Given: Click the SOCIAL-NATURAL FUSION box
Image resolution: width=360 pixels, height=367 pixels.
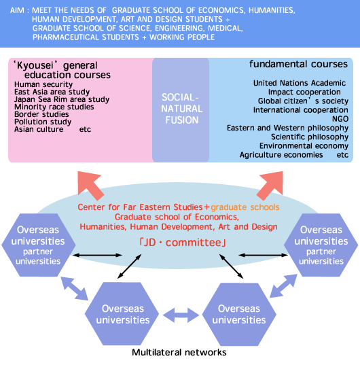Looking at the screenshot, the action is (181, 110).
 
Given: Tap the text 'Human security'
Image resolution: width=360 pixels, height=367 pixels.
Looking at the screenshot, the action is (43, 84).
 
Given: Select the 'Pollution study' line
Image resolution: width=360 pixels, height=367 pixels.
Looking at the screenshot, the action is (43, 122).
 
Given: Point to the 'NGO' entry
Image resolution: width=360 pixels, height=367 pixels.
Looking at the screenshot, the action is (340, 119).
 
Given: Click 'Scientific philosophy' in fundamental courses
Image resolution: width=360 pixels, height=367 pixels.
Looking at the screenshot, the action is (310, 137).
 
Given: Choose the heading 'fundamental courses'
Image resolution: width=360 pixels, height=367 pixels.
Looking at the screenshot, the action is (298, 64).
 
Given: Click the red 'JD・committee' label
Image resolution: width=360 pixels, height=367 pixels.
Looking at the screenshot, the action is (183, 243).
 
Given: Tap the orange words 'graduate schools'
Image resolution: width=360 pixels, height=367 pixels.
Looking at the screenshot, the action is (245, 207).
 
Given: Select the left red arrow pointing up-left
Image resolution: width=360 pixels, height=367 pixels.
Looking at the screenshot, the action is (90, 185).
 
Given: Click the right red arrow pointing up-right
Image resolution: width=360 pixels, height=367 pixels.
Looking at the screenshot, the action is (271, 185).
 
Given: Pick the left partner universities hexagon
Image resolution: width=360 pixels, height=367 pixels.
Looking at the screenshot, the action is (39, 245).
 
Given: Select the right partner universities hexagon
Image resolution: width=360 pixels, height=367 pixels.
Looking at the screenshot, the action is (321, 245).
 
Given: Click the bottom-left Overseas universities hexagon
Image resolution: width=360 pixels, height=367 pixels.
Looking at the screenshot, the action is (122, 313).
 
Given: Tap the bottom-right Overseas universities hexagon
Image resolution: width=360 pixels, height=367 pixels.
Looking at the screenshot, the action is (239, 314).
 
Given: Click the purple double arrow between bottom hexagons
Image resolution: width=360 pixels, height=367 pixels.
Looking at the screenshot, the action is (181, 315).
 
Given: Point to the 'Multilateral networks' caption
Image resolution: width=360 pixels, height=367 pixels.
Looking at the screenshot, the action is (179, 352).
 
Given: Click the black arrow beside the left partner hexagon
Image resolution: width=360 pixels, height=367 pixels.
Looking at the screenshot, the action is (97, 255).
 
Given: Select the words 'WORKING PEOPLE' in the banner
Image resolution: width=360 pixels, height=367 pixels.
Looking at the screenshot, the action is (182, 37).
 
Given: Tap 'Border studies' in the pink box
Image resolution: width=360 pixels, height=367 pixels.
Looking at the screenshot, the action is (41, 114).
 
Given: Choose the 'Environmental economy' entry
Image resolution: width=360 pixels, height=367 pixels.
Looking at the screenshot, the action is (304, 146).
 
